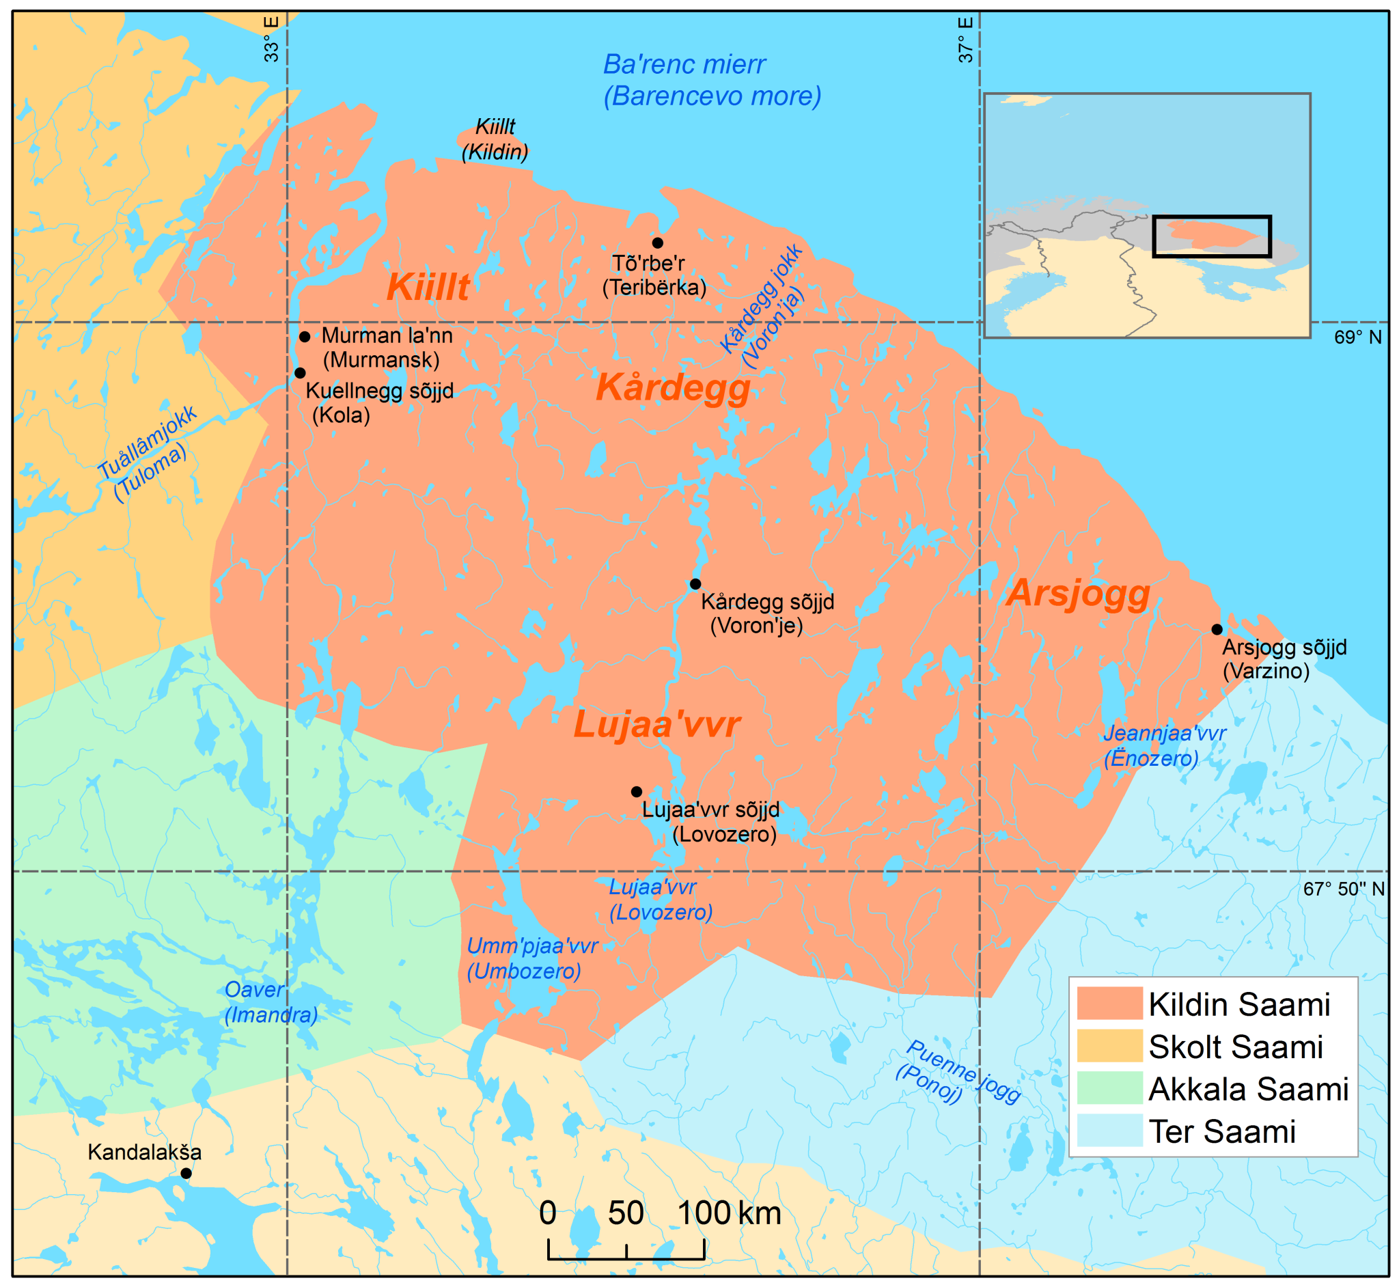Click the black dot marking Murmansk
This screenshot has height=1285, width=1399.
coord(305,337)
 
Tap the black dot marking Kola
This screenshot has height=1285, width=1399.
coord(300,373)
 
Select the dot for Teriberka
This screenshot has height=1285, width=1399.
coord(657,243)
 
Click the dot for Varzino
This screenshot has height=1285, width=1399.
coord(1217,629)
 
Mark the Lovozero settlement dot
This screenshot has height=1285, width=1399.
coord(636,791)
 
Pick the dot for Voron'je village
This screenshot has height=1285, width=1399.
coord(695,583)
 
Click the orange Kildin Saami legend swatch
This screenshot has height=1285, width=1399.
coord(1109,1004)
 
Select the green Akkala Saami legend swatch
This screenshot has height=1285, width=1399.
coord(1109,1088)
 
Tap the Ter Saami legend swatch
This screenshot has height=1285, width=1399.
coord(1109,1131)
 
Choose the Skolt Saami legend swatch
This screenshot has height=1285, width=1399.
coord(1109,1046)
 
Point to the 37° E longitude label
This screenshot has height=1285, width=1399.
coord(966,40)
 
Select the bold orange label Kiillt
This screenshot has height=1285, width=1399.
coord(428,286)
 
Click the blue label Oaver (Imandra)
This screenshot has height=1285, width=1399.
coord(271,1002)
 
